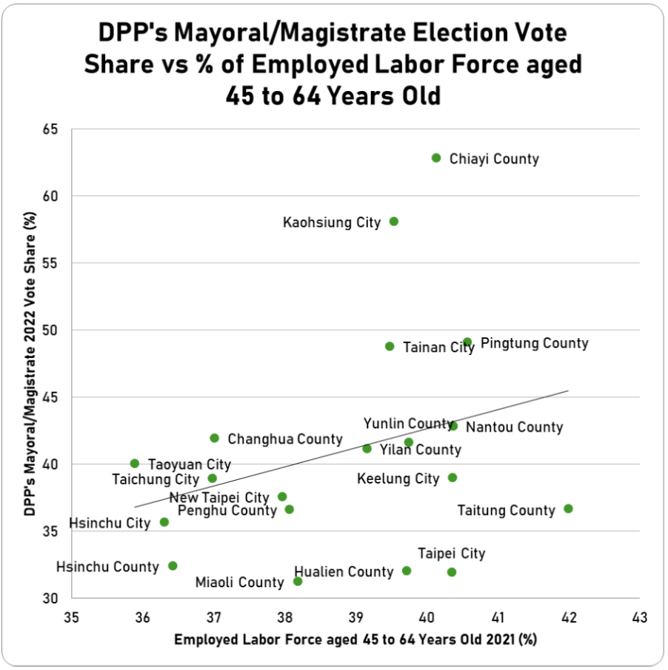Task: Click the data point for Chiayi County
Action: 436,158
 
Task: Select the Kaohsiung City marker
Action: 394,221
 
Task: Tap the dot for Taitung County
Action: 568,509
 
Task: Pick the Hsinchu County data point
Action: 173,566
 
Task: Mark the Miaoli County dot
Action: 298,581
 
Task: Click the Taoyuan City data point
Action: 135,464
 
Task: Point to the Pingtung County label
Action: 534,343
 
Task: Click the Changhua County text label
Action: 285,439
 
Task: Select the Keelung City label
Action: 398,478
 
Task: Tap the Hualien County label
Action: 344,572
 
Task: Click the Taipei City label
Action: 451,554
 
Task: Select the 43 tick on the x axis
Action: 639,617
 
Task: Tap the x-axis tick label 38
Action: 284,617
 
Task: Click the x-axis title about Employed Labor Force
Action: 355,640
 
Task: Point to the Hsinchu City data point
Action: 164,522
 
